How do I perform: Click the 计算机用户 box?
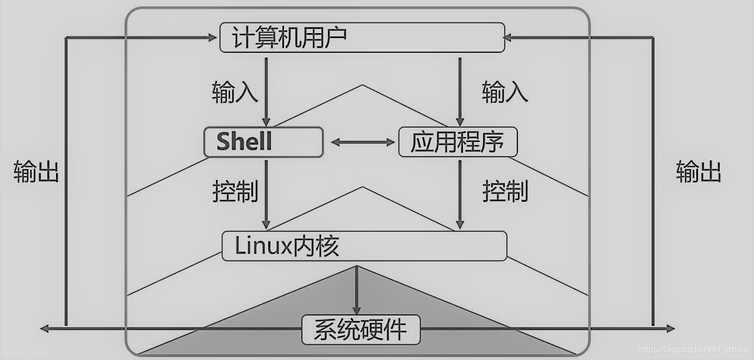point(362,38)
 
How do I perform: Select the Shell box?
point(263,142)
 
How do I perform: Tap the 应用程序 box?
point(458,142)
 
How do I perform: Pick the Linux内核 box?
point(364,246)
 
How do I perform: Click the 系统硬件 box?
point(361,330)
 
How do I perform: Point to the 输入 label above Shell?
point(234,93)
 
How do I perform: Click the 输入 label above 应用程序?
point(505,93)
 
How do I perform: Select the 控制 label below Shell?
point(234,191)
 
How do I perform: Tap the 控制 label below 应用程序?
point(505,191)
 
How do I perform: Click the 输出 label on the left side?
point(36,172)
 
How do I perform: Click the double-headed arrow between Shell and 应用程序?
point(362,142)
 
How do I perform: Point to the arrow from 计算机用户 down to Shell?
point(266,90)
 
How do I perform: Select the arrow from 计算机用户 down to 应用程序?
point(460,90)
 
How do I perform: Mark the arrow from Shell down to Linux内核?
point(266,193)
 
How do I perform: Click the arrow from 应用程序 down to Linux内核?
point(460,193)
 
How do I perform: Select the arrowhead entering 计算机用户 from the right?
point(508,38)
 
